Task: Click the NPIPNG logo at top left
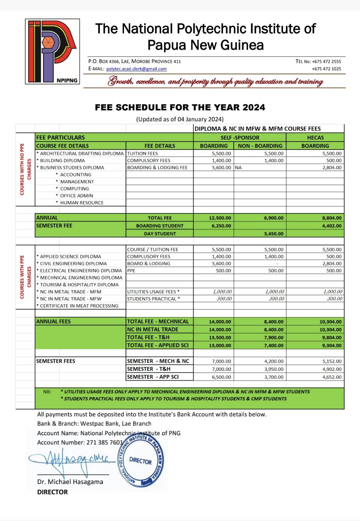coord(52,51)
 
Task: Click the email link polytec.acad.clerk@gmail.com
coord(136,69)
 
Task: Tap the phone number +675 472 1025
coord(326,69)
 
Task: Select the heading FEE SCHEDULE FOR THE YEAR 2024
coord(180,107)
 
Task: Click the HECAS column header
coord(315,137)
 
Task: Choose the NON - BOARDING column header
coord(260,146)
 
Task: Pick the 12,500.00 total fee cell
coord(220,218)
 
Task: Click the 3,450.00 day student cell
coord(274,234)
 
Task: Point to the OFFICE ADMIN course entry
coord(77,196)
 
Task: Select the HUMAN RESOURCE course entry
coord(82,203)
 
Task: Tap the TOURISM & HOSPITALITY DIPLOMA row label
coord(79,284)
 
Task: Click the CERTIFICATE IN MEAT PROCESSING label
coord(79,305)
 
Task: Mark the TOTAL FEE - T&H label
coord(148,337)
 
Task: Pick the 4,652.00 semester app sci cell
coord(332,377)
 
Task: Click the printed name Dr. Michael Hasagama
coord(70,482)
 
